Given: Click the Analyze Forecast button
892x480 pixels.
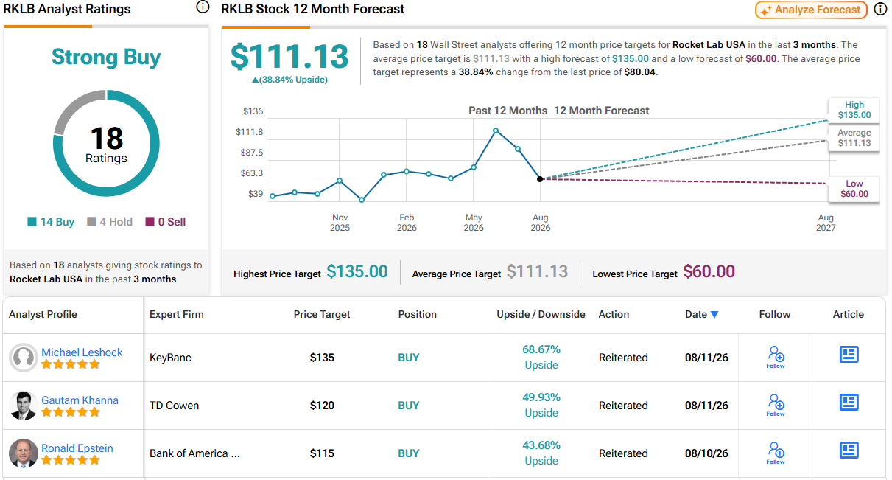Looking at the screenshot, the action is pyautogui.click(x=811, y=10).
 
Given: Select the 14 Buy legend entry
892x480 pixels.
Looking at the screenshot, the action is pyautogui.click(x=51, y=222).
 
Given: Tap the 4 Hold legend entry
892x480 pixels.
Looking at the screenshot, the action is pyautogui.click(x=110, y=222).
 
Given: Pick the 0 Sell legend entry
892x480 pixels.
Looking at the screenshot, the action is pyautogui.click(x=165, y=222).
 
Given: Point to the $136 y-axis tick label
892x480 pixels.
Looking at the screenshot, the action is pyautogui.click(x=253, y=111).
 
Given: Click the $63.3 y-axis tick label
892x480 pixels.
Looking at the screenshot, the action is pyautogui.click(x=252, y=173).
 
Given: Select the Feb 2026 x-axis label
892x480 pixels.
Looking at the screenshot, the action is pyautogui.click(x=407, y=223).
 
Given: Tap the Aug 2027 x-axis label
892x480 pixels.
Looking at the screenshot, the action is pyautogui.click(x=826, y=223).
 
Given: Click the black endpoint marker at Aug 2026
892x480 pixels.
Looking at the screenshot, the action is pyautogui.click(x=540, y=179).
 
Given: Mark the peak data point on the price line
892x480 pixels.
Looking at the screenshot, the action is pyautogui.click(x=496, y=131).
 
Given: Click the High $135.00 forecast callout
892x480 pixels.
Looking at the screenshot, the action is pyautogui.click(x=854, y=110).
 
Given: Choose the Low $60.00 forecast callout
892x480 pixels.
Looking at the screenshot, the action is pyautogui.click(x=854, y=189).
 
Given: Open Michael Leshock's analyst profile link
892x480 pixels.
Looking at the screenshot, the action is pyautogui.click(x=82, y=352).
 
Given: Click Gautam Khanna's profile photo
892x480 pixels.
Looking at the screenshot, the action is pyautogui.click(x=23, y=406).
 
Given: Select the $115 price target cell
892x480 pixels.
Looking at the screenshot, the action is pyautogui.click(x=322, y=453).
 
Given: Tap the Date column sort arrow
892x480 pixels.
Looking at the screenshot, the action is pyautogui.click(x=714, y=315).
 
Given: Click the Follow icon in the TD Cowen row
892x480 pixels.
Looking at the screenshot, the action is pyautogui.click(x=776, y=405).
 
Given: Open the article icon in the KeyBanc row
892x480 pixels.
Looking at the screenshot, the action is pyautogui.click(x=849, y=355).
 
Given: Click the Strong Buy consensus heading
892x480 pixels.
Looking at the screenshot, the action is pyautogui.click(x=106, y=57).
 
